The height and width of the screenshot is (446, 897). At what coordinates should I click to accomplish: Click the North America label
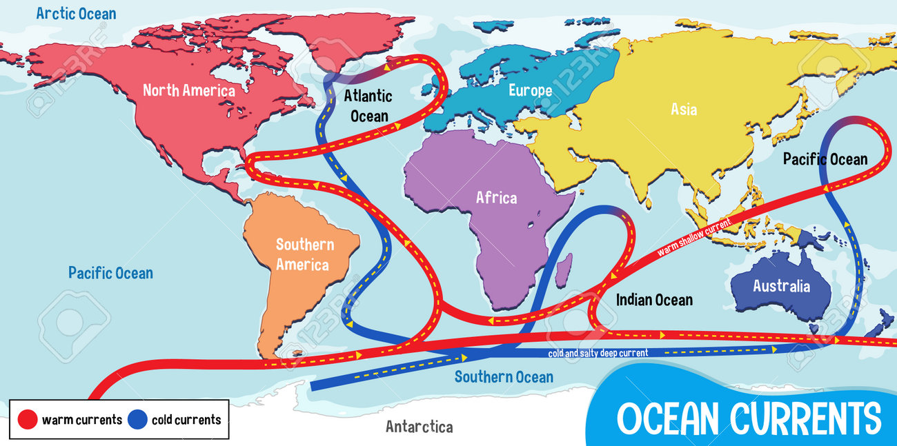(x=188, y=90)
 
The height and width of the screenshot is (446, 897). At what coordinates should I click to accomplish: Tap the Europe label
(x=530, y=90)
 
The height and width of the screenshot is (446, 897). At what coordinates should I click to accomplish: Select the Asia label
(x=684, y=109)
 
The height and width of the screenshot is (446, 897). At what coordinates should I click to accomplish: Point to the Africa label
(x=496, y=198)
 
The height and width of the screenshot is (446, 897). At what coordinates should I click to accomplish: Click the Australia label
(x=781, y=286)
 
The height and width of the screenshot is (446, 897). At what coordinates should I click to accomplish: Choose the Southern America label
(x=304, y=254)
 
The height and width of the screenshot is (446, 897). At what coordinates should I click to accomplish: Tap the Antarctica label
(x=419, y=427)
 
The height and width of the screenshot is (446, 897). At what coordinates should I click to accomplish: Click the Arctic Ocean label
(x=76, y=13)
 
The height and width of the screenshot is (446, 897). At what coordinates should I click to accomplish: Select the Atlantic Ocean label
(x=370, y=106)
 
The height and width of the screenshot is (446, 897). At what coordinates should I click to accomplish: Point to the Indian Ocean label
(x=654, y=300)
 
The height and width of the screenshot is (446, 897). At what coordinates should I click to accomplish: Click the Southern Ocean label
(x=504, y=376)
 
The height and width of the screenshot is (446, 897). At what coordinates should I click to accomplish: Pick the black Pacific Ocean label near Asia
(x=825, y=159)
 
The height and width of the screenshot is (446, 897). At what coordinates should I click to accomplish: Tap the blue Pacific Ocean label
(x=110, y=273)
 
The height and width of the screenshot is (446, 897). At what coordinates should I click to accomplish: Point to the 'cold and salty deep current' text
(x=598, y=354)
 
